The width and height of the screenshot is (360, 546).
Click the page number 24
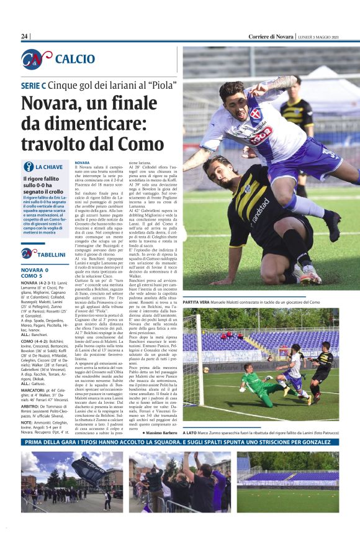point(25,37)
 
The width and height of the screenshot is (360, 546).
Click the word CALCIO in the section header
point(75,59)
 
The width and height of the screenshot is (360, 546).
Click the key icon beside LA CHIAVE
point(28,166)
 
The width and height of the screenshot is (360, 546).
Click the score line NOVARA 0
point(35,270)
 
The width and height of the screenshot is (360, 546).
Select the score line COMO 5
point(32,276)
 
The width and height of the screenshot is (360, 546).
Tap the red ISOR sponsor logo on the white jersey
point(262,134)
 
